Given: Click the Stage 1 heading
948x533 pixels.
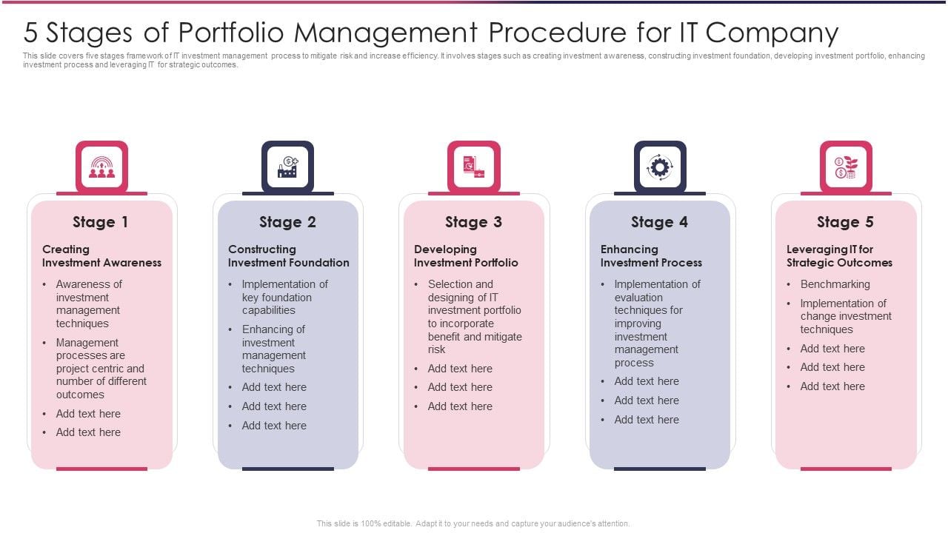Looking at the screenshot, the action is tap(100, 222).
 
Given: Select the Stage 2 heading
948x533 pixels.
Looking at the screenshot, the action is tap(287, 222).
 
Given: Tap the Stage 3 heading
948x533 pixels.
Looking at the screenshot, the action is tap(473, 222).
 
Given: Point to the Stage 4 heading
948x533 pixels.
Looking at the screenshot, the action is tap(659, 222).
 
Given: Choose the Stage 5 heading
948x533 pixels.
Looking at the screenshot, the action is tap(845, 222).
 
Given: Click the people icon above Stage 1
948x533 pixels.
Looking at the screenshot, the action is tap(101, 167).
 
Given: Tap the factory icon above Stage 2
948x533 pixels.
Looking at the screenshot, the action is tap(288, 167).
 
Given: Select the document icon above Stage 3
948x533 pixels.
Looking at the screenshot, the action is tap(473, 167).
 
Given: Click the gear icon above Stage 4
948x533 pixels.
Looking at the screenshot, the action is tap(660, 167).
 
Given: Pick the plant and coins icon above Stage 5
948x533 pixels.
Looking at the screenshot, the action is tap(846, 167).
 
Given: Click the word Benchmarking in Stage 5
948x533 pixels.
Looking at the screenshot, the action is tap(835, 284).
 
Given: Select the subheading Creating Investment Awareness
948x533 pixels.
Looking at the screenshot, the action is tap(101, 256).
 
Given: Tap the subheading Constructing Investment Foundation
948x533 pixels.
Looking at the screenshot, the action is tap(289, 256).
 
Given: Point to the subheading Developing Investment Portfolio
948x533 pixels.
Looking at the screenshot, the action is tap(466, 256).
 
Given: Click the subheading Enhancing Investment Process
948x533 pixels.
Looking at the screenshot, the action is tap(651, 256).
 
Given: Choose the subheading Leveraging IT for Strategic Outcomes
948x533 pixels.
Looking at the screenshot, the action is tap(839, 256).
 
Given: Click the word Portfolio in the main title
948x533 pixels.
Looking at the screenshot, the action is tap(231, 33).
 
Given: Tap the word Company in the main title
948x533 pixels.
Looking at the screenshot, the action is tap(772, 33).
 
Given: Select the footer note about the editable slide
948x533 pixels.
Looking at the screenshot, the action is tap(473, 523).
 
